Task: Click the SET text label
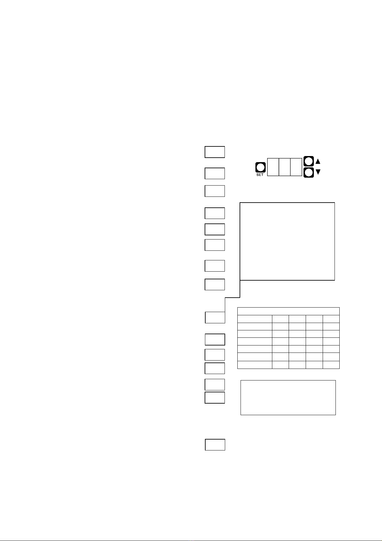[x=260, y=175]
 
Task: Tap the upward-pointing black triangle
[x=318, y=161]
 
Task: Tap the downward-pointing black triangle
[x=318, y=172]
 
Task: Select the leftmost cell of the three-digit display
[x=273, y=167]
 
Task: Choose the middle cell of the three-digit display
[x=284, y=167]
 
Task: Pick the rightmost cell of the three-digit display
[x=296, y=167]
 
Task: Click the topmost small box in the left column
[x=215, y=152]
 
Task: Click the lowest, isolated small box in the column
[x=215, y=445]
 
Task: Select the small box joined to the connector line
[x=215, y=317]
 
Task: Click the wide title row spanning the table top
[x=288, y=311]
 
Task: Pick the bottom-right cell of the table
[x=331, y=365]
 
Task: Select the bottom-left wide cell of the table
[x=255, y=365]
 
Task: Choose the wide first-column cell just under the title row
[x=255, y=319]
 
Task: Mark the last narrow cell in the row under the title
[x=331, y=319]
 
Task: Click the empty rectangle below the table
[x=288, y=397]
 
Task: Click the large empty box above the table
[x=287, y=241]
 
